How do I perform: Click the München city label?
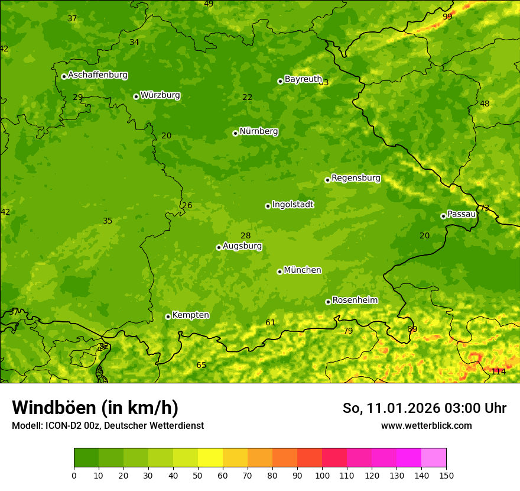(x=302, y=270)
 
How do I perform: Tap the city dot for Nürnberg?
(x=235, y=133)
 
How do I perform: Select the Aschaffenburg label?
(x=97, y=75)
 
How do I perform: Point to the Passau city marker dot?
(x=443, y=216)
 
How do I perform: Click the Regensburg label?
(x=356, y=178)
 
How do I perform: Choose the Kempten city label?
(x=190, y=315)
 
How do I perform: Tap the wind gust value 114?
(x=498, y=372)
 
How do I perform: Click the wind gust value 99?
(x=447, y=17)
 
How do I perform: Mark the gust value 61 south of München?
(x=271, y=322)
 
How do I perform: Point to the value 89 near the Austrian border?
(x=412, y=329)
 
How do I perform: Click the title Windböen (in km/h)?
(x=95, y=408)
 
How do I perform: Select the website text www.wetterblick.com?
(x=426, y=425)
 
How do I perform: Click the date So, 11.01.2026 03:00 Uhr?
(x=424, y=408)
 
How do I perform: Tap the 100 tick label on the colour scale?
(x=322, y=475)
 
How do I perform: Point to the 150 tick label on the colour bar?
(x=446, y=475)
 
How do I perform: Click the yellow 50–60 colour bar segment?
(x=210, y=458)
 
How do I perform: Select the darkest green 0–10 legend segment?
(x=86, y=458)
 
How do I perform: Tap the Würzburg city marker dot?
(x=136, y=96)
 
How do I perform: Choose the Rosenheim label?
(x=355, y=301)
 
